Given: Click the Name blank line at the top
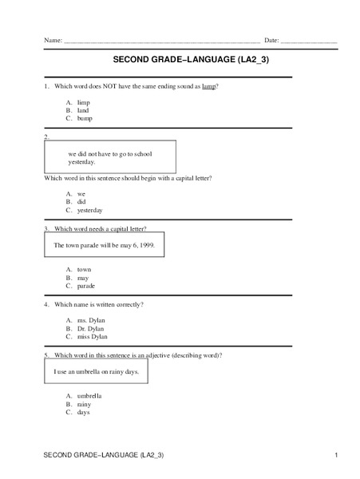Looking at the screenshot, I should [160, 41].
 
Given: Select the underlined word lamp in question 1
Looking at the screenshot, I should [209, 85].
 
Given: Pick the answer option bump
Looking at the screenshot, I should [85, 118].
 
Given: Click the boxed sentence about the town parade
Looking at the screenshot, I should [104, 245].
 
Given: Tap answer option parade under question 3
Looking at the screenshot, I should [86, 285].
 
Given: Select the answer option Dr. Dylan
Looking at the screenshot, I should [90, 328].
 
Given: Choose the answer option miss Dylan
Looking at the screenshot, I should [92, 336].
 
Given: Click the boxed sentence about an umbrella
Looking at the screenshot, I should [96, 372].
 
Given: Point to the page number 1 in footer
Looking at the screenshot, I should [337, 455].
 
